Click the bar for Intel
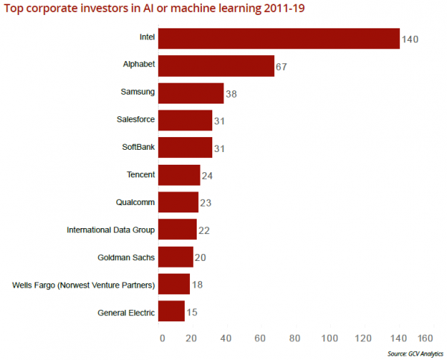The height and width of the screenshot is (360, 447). (x=279, y=38)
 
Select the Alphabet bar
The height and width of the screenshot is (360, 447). (x=217, y=66)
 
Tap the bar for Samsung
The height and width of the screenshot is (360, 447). (x=191, y=92)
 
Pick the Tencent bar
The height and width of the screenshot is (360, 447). (x=180, y=174)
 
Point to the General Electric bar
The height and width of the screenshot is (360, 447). (x=172, y=312)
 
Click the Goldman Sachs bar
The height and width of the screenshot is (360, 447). (x=176, y=257)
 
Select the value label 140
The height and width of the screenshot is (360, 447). (x=411, y=39)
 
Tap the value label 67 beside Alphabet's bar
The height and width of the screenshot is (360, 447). (x=282, y=66)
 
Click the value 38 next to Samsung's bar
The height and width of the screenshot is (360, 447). (x=231, y=94)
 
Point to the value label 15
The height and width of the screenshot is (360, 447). (x=191, y=312)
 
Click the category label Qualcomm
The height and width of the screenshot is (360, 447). (x=136, y=202)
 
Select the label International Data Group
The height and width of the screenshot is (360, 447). (x=112, y=230)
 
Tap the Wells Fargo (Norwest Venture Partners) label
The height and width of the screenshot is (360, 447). (x=84, y=285)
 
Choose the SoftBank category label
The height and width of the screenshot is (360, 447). (x=138, y=147)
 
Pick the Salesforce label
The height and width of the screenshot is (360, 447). (x=136, y=119)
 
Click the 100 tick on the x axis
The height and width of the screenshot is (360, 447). (x=328, y=338)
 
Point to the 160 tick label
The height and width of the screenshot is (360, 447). (x=425, y=338)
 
